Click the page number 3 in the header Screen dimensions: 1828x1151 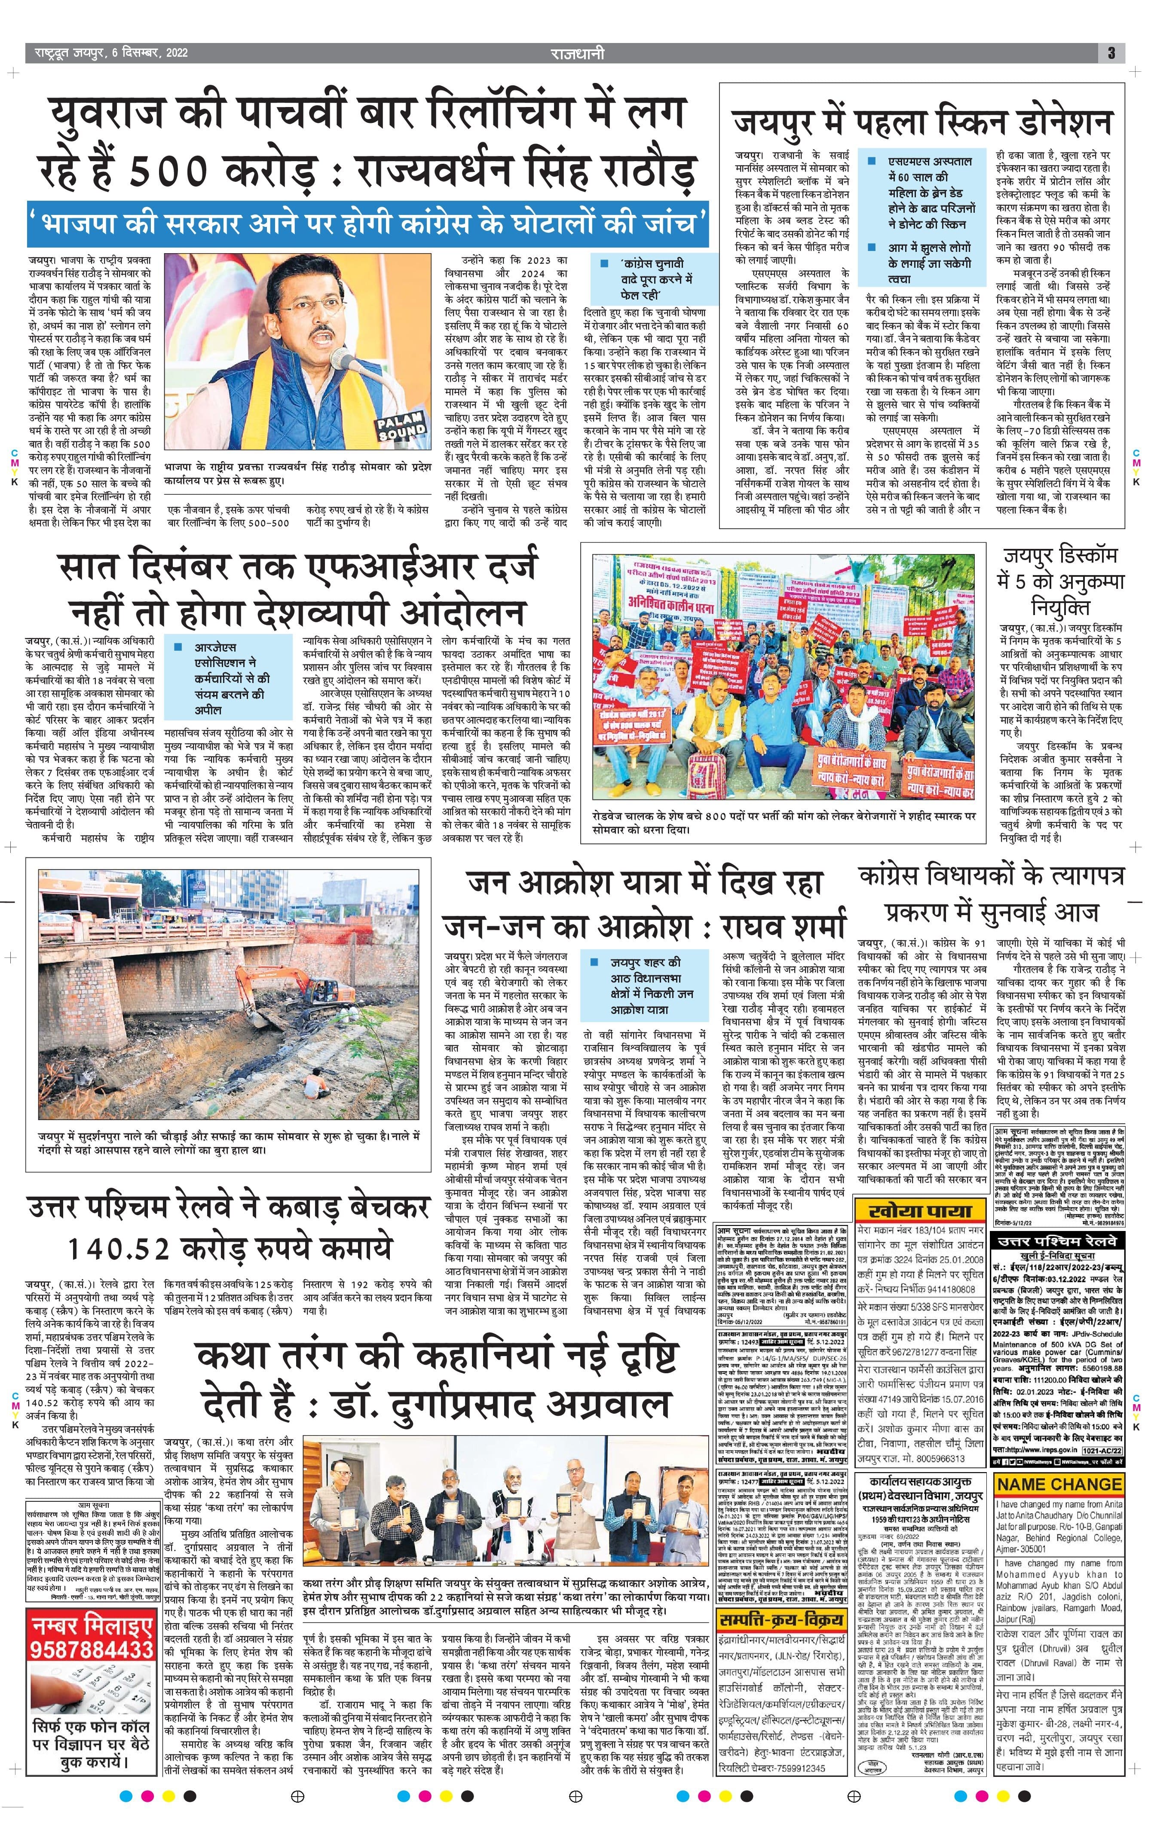[1111, 53]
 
